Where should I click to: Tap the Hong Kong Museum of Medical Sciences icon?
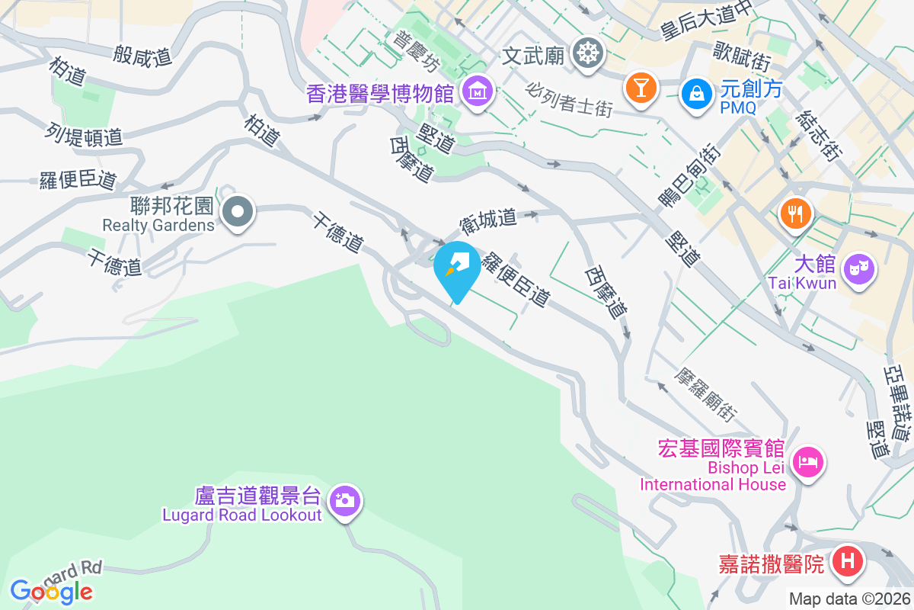click(478, 93)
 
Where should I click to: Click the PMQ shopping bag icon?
click(696, 94)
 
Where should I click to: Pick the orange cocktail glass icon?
click(640, 86)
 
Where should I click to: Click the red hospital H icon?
click(847, 563)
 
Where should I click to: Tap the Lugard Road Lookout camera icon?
click(345, 501)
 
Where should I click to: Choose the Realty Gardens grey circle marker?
click(238, 211)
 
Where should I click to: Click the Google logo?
click(51, 591)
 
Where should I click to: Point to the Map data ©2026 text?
click(849, 599)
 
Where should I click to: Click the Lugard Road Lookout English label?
click(242, 515)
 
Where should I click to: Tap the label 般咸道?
click(142, 55)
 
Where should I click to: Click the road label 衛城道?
click(488, 221)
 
